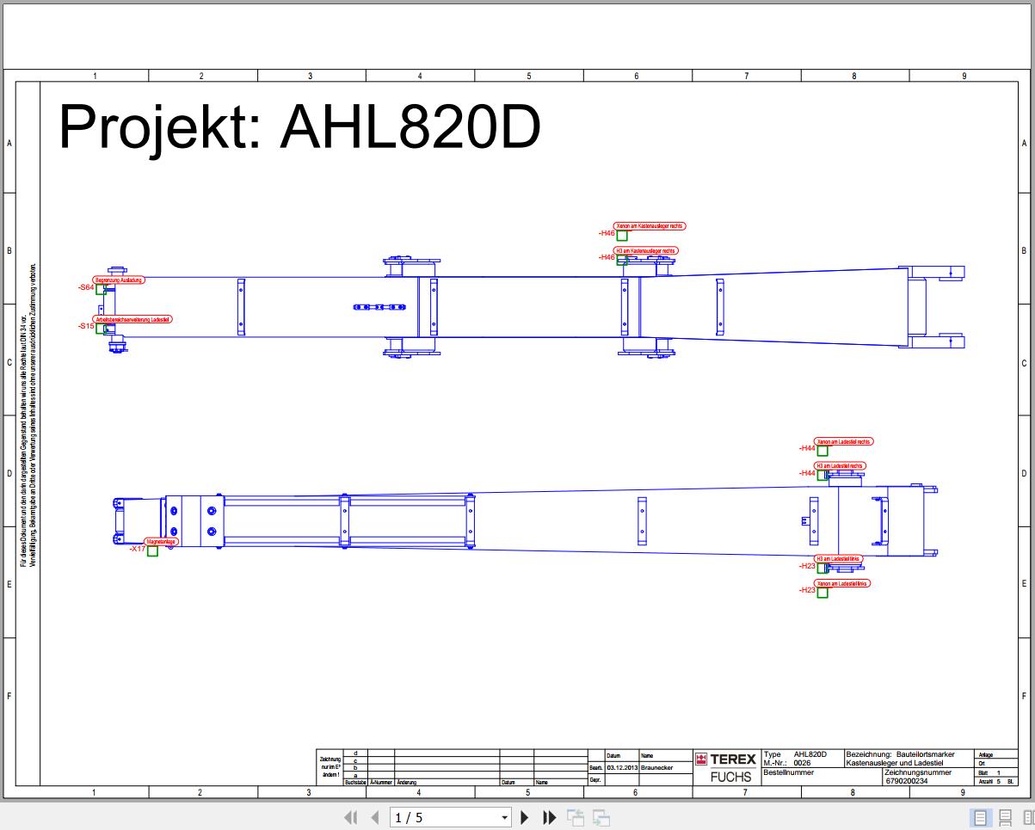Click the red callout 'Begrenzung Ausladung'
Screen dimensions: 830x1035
pyautogui.click(x=119, y=280)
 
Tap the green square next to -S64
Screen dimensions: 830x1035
pyautogui.click(x=101, y=290)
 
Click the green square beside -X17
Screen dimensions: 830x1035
pyautogui.click(x=152, y=551)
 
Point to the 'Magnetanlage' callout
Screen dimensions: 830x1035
pyautogui.click(x=161, y=542)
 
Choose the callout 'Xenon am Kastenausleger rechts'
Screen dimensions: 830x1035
pyautogui.click(x=650, y=226)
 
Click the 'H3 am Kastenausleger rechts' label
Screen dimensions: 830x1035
pyautogui.click(x=646, y=251)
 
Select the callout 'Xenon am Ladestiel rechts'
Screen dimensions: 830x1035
pyautogui.click(x=844, y=441)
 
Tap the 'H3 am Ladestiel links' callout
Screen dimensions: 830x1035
pyautogui.click(x=837, y=559)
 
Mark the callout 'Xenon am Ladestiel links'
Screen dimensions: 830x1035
pyautogui.click(x=842, y=583)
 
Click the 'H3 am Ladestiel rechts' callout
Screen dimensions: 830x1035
pyautogui.click(x=840, y=466)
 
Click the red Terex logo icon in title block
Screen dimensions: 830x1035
pyautogui.click(x=701, y=759)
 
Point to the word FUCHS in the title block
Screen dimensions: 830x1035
pyautogui.click(x=730, y=777)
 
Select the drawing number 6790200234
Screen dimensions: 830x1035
pyautogui.click(x=906, y=781)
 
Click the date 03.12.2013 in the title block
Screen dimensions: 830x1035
pyautogui.click(x=622, y=767)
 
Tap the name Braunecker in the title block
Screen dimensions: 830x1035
pyautogui.click(x=657, y=767)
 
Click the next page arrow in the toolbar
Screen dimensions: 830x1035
pyautogui.click(x=525, y=817)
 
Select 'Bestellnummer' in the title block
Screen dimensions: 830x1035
pyautogui.click(x=788, y=772)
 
